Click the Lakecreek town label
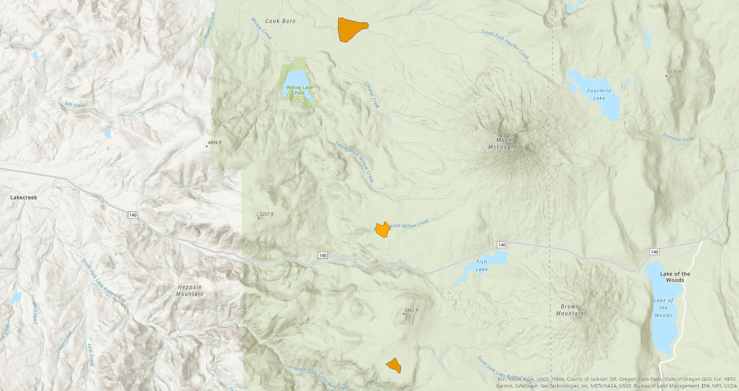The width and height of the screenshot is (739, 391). [24, 197]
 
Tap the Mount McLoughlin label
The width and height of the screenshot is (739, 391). [505, 143]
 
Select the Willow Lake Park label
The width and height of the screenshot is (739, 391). [299, 90]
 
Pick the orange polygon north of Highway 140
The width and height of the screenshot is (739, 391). [383, 230]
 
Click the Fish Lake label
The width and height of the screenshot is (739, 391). [482, 266]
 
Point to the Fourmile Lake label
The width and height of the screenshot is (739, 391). [599, 94]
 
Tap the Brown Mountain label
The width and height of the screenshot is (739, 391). [570, 310]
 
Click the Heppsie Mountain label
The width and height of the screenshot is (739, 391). [190, 290]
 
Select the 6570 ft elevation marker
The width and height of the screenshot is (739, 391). [666, 75]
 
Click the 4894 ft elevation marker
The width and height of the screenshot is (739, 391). [207, 146]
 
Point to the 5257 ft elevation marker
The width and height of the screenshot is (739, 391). [259, 217]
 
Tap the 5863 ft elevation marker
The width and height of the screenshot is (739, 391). [404, 313]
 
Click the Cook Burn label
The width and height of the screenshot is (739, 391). [280, 21]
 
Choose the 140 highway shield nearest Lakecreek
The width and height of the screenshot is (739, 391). [132, 215]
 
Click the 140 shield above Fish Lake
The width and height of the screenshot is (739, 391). [502, 245]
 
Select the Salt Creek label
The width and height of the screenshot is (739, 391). [75, 105]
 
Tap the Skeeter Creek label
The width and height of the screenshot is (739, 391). [372, 95]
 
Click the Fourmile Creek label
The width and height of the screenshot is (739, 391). [678, 138]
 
